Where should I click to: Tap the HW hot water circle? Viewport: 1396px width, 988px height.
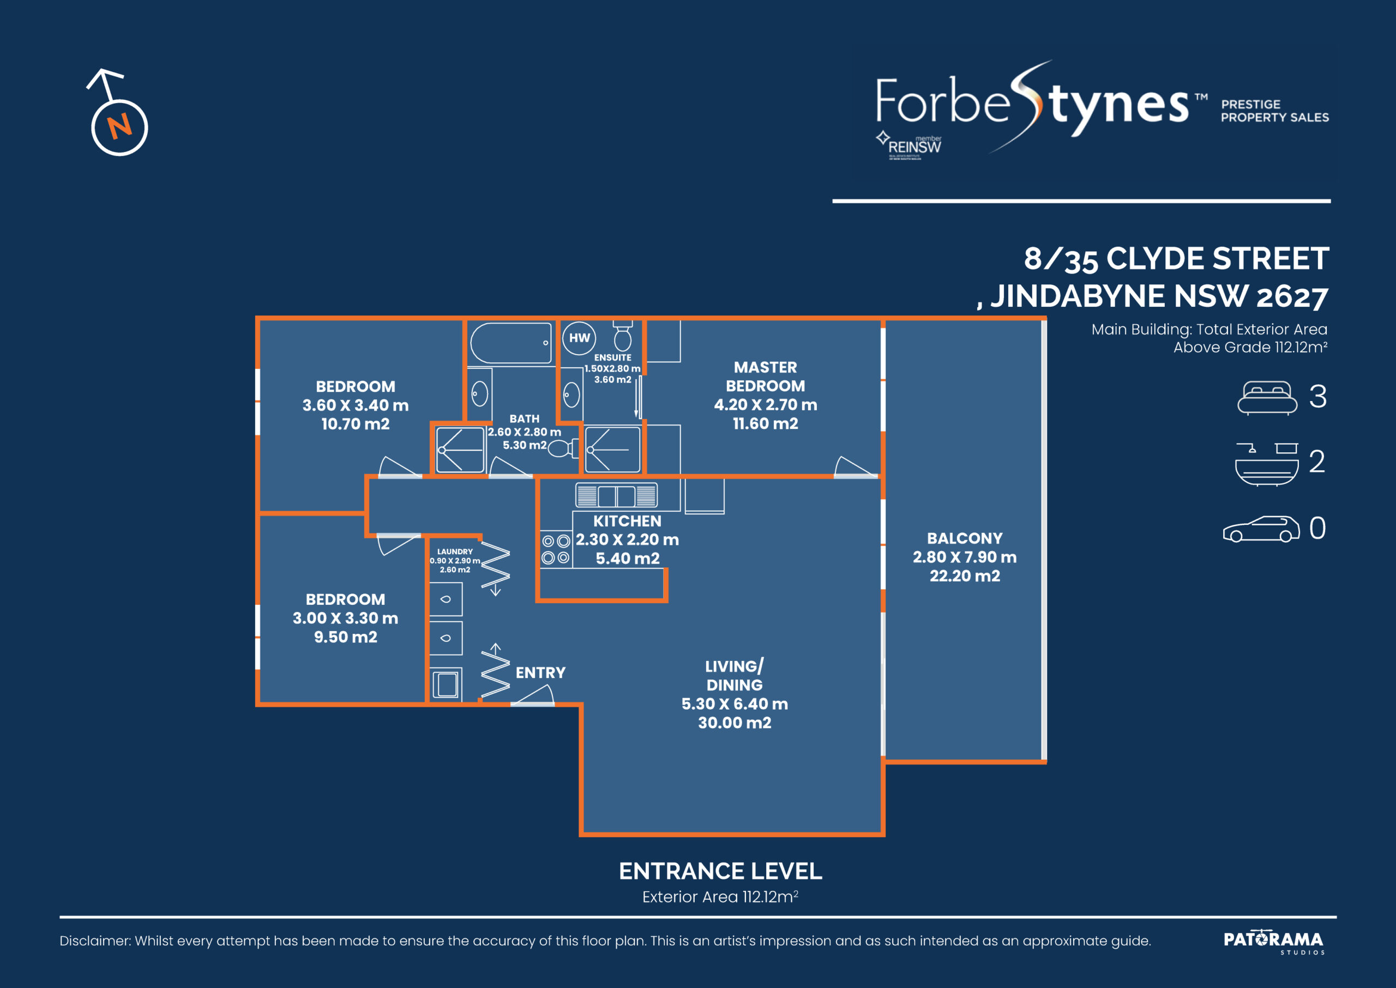click(579, 338)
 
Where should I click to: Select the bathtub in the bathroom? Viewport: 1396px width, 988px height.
click(511, 343)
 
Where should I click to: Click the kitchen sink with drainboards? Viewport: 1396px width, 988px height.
click(616, 495)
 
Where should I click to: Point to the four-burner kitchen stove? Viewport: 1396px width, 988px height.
click(556, 548)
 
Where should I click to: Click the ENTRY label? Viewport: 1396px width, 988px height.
click(540, 672)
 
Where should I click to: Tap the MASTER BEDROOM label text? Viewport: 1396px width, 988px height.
click(765, 377)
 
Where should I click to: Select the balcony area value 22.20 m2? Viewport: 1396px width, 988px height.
click(964, 575)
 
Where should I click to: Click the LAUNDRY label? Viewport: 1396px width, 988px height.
click(455, 551)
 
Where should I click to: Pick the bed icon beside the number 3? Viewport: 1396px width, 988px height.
click(1267, 397)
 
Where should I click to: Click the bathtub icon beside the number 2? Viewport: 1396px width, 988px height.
click(1266, 464)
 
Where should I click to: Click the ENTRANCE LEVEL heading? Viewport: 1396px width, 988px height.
click(720, 871)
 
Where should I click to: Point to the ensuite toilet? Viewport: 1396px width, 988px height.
click(622, 336)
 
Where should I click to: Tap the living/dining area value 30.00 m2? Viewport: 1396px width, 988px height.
click(734, 723)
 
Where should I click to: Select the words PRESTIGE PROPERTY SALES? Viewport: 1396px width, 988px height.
click(1275, 111)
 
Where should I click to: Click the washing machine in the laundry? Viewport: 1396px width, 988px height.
click(446, 684)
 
